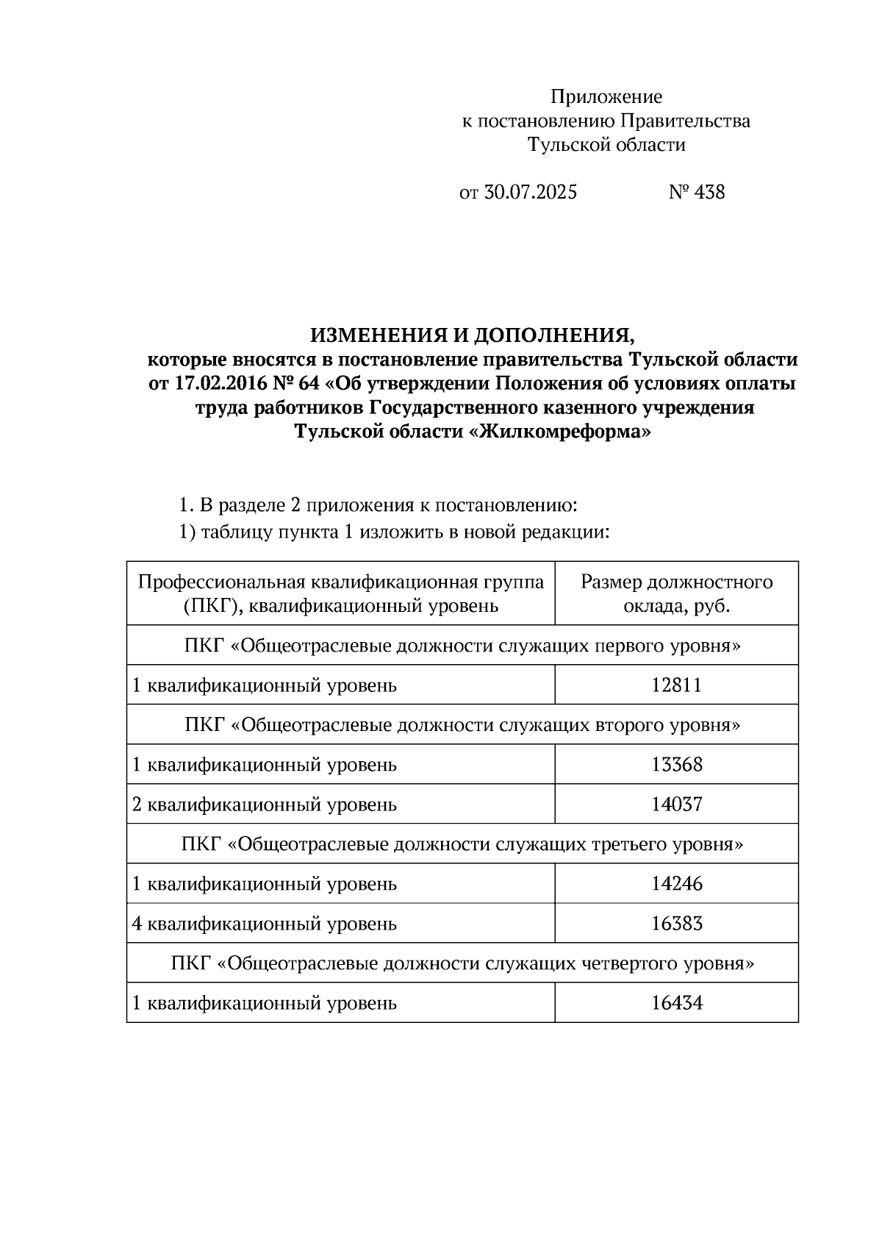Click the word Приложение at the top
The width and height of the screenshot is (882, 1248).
click(606, 97)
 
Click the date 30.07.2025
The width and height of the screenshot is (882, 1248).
click(531, 193)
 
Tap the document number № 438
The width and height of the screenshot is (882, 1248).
click(697, 193)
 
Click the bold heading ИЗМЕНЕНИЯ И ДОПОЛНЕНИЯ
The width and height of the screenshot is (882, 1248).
click(472, 335)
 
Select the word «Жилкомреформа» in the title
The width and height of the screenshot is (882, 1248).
click(559, 432)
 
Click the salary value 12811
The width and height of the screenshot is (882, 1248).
click(676, 685)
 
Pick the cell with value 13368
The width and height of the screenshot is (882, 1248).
click(676, 765)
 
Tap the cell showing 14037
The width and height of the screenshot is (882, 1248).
click(676, 805)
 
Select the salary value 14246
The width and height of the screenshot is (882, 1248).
click(676, 884)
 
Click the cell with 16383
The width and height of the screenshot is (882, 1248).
click(676, 924)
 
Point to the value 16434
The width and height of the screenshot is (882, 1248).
click(676, 1003)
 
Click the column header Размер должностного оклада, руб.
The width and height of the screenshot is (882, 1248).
click(676, 593)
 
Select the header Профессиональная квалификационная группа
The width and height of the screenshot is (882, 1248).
click(341, 582)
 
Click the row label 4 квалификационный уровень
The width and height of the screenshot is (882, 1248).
click(265, 924)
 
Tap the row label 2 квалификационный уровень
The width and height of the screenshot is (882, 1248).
click(265, 805)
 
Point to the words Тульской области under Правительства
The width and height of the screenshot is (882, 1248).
click(606, 145)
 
